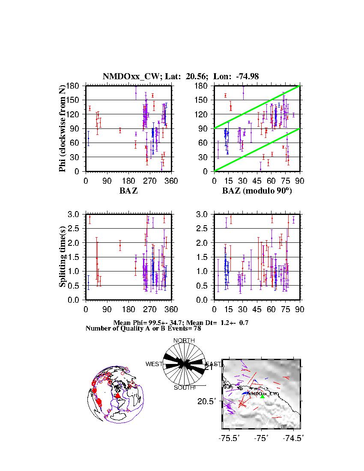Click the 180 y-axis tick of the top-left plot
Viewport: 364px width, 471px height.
73,86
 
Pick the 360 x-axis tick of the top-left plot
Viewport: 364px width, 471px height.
171,181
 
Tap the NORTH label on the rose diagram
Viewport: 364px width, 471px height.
184,340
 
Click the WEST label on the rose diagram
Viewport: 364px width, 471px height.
154,364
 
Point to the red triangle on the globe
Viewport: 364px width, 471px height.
118,396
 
